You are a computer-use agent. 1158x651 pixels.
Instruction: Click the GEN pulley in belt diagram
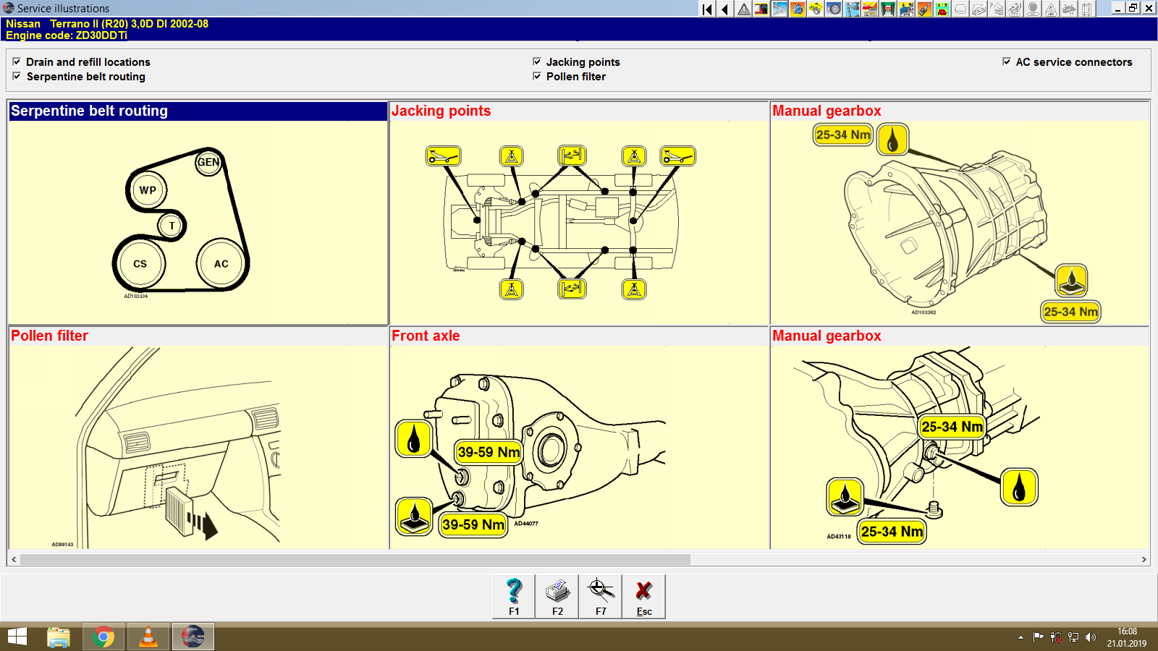(208, 162)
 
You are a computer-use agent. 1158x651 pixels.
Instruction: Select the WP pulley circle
(148, 190)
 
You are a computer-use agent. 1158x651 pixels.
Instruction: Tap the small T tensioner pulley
(172, 226)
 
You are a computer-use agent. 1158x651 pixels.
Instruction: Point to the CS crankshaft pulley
(140, 264)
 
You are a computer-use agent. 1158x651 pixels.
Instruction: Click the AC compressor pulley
(221, 264)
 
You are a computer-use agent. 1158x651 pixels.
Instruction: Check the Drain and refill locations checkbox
(17, 62)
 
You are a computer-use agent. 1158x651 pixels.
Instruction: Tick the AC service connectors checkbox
(1006, 62)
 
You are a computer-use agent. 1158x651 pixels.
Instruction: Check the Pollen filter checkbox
(537, 76)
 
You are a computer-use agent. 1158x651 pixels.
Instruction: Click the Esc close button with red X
(643, 596)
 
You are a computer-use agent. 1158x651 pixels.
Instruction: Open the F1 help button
(514, 596)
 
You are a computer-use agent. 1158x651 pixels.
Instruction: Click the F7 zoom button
(601, 596)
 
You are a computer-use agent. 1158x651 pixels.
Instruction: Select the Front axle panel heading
(426, 336)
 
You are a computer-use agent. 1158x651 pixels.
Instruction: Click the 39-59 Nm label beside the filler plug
(489, 452)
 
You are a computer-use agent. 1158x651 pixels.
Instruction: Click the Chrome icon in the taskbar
(103, 637)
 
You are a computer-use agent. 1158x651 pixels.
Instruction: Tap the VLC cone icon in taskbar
(148, 637)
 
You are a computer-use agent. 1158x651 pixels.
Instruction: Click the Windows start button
(17, 637)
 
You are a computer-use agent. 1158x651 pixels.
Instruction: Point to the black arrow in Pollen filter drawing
(208, 525)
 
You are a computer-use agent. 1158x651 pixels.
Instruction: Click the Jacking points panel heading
(441, 111)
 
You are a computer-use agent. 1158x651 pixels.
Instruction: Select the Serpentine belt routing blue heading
(89, 111)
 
